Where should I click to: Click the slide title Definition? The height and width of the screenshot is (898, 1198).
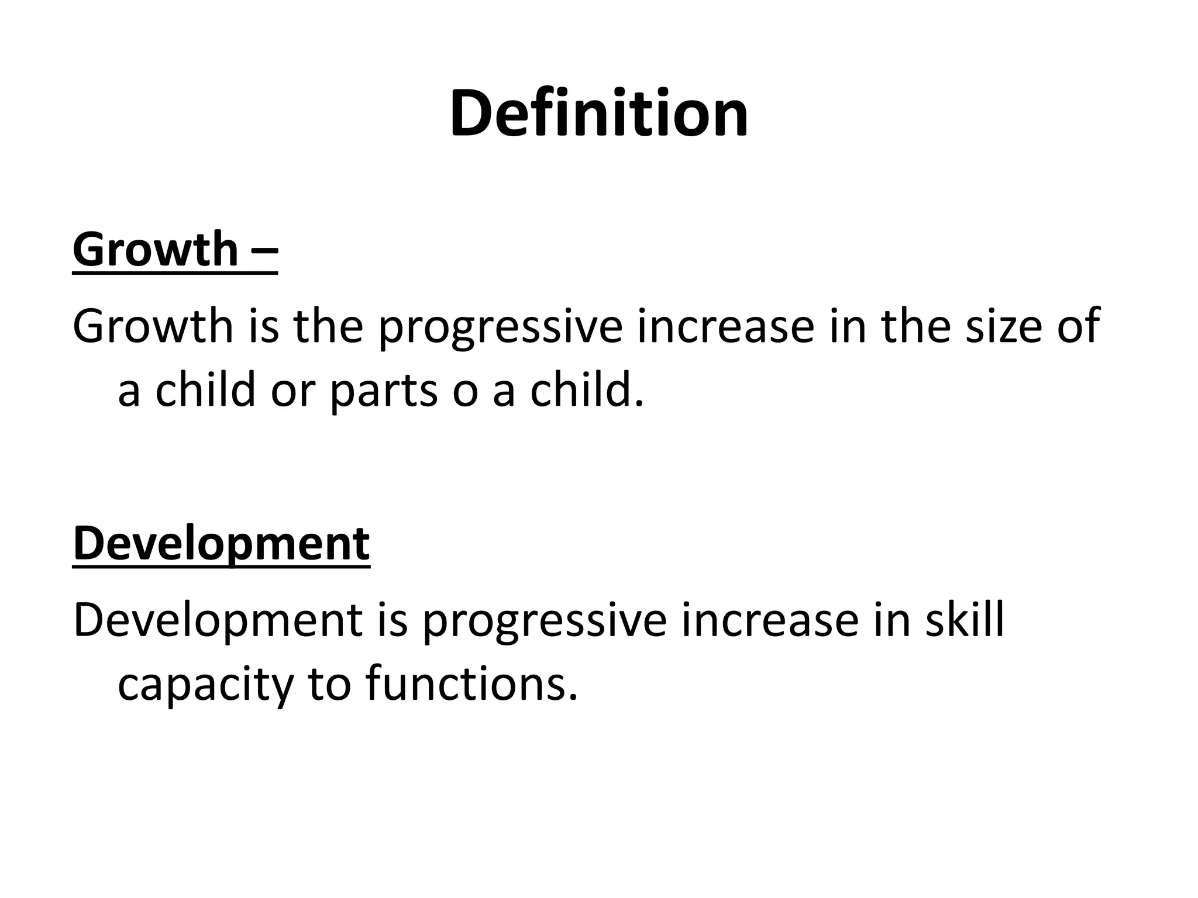coord(598,113)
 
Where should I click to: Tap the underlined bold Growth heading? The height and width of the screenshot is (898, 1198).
coord(155,250)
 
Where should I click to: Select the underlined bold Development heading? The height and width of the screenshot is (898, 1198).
coord(221,544)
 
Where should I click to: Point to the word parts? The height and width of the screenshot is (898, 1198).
coord(384,391)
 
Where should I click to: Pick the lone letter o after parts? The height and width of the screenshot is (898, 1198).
coord(464,393)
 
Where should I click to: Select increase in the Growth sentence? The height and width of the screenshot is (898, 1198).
coord(725,327)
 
